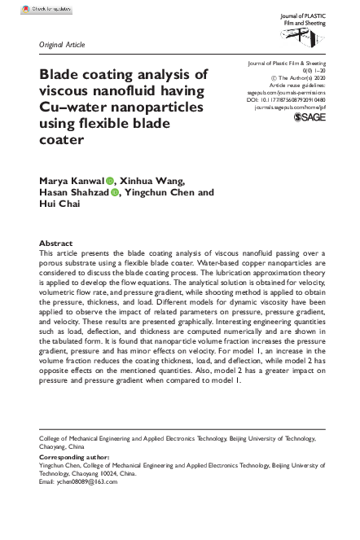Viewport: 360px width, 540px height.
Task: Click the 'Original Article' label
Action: click(62, 44)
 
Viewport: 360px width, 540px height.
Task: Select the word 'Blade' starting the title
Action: click(61, 73)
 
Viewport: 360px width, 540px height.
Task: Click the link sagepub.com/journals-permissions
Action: click(292, 92)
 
